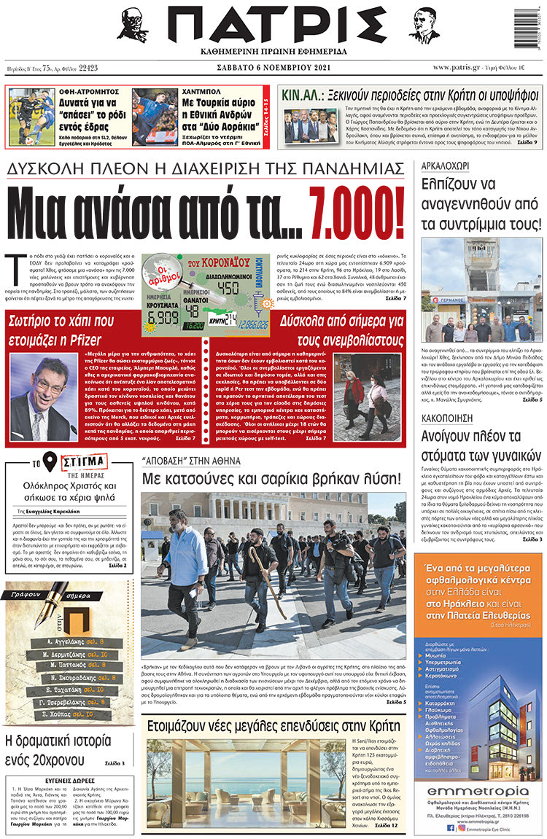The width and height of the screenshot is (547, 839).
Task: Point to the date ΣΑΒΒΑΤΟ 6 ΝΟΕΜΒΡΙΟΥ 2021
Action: point(273,68)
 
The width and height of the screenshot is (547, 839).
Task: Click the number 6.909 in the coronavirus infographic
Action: point(161,317)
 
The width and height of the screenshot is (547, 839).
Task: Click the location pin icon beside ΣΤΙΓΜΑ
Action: point(50,462)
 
